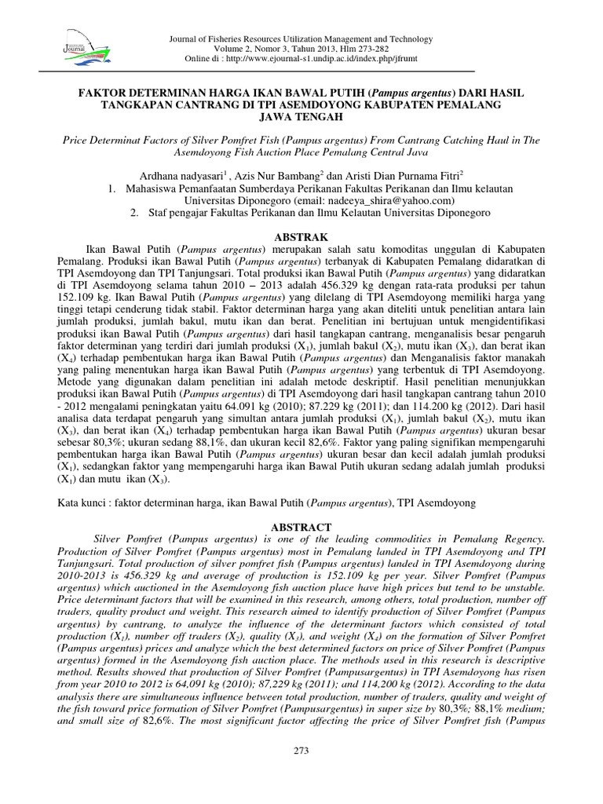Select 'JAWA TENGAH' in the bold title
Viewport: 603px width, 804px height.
(301, 117)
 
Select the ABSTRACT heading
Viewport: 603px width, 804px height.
(301, 527)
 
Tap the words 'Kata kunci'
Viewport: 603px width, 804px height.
(85, 500)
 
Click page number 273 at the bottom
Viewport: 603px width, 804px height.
(301, 751)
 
